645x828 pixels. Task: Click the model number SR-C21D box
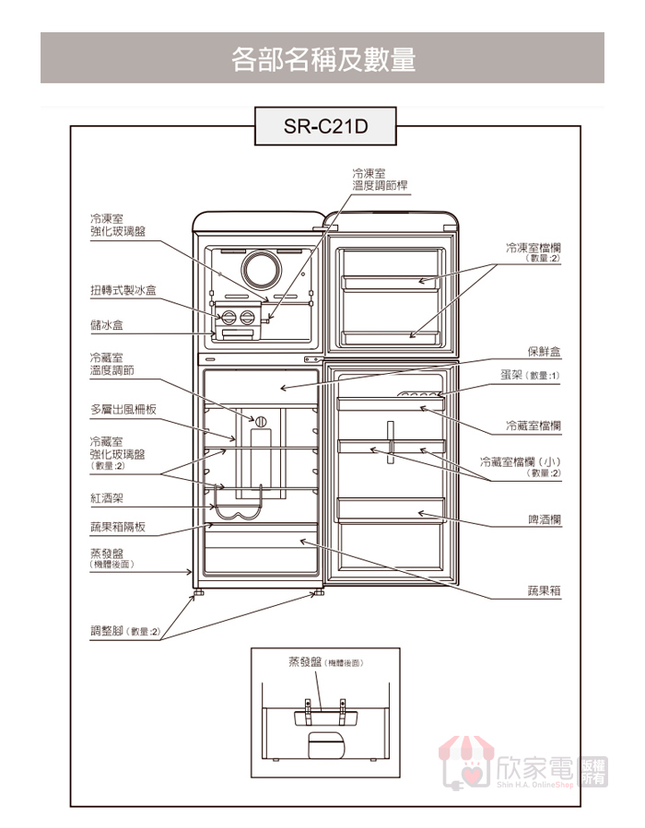(323, 125)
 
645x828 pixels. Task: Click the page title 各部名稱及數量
(322, 59)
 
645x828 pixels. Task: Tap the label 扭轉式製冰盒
(123, 290)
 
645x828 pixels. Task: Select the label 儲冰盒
(107, 325)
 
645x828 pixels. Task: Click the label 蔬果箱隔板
(118, 527)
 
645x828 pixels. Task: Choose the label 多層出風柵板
(123, 410)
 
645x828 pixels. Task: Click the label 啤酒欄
(544, 520)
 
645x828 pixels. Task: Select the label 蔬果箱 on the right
(544, 589)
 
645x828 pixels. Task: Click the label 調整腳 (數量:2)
(124, 631)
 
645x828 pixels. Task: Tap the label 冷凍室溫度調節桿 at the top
(380, 179)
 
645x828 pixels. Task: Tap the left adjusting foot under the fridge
(198, 594)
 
